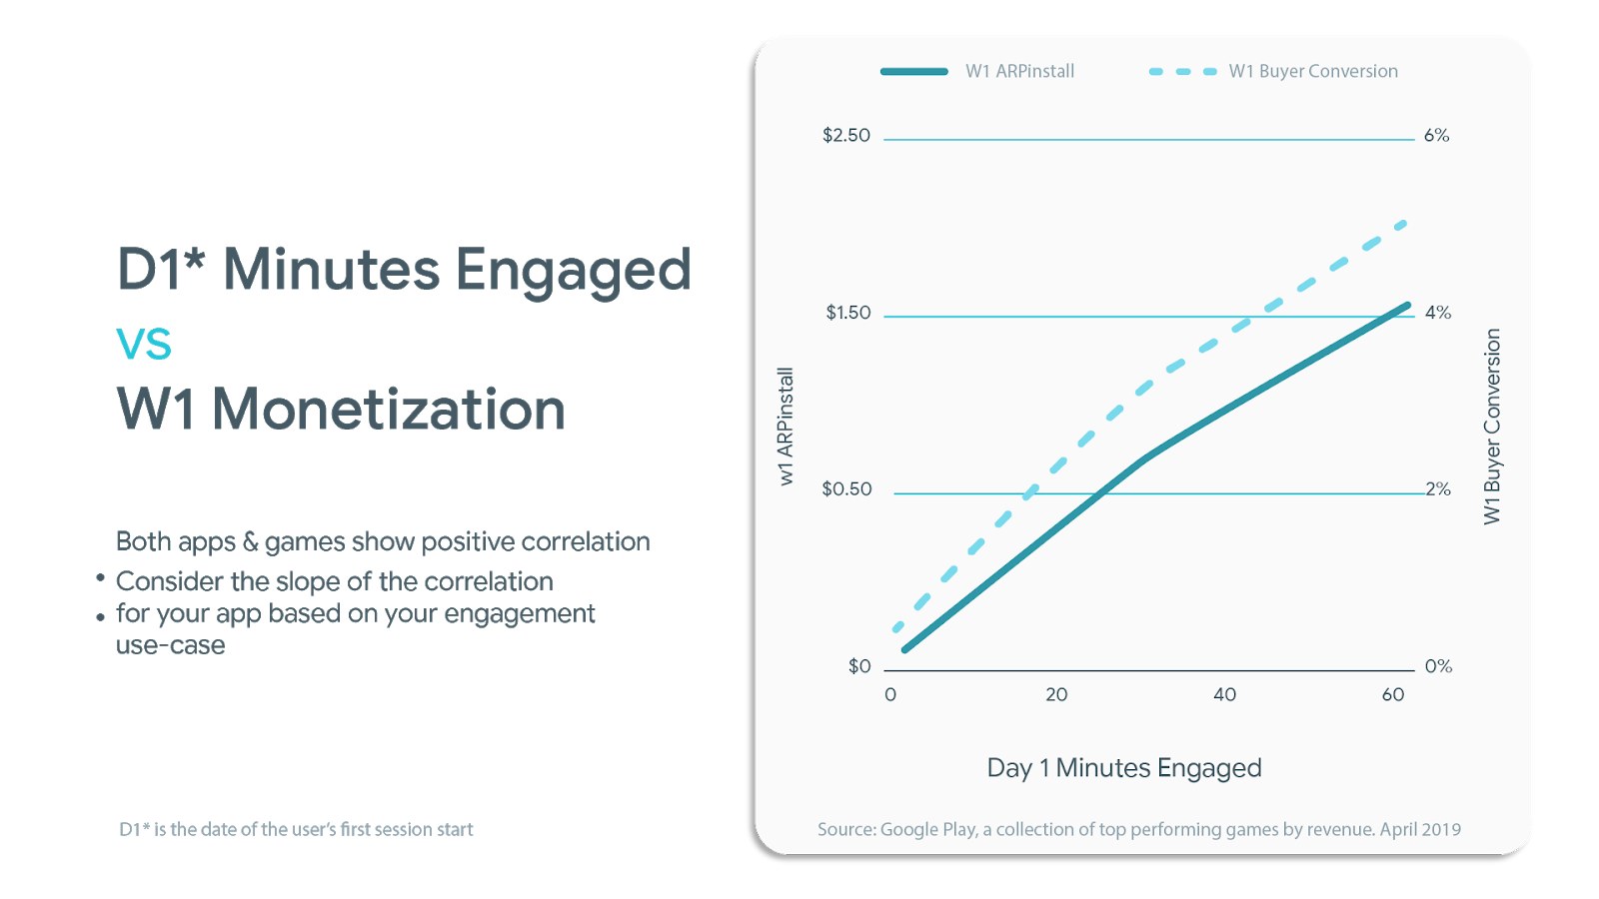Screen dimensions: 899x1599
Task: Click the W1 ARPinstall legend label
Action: coord(1019,71)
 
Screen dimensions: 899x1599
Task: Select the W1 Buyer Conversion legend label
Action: coord(1313,71)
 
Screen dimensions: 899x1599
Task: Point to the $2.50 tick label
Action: coord(845,136)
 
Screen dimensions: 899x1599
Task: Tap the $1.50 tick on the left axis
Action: coord(847,313)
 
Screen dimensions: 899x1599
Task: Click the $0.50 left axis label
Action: coord(846,489)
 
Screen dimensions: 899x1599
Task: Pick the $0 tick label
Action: coord(859,666)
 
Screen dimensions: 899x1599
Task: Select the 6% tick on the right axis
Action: coord(1436,136)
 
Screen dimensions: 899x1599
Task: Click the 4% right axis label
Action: coord(1437,313)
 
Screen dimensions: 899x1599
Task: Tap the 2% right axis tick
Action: coord(1438,489)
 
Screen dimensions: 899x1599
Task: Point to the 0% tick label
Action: coord(1438,666)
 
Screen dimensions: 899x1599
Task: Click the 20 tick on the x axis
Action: coord(1056,695)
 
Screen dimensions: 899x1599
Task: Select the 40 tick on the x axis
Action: coord(1224,695)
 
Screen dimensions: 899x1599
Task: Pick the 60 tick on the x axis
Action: coord(1392,695)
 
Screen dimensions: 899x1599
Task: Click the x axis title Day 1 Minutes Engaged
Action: coord(1124,768)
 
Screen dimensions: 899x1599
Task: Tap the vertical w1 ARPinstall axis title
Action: coord(787,427)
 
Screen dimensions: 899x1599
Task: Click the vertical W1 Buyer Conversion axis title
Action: coord(1492,427)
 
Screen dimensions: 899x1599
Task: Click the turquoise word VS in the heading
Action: coord(145,346)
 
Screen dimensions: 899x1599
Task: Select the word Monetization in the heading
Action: coord(389,411)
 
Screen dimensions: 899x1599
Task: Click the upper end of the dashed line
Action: coord(1405,223)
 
